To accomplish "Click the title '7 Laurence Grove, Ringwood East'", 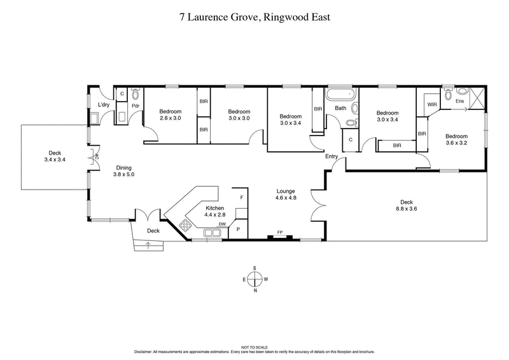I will (x=254, y=17).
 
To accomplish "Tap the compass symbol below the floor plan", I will (x=254, y=279).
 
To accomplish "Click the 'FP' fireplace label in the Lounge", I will (x=279, y=233).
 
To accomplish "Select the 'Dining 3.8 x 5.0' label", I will (x=123, y=170).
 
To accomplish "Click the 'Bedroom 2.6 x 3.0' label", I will (x=170, y=114).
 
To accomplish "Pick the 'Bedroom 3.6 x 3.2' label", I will (x=456, y=140).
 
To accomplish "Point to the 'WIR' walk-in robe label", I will (x=431, y=104).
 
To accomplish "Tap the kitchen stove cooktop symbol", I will (x=185, y=225).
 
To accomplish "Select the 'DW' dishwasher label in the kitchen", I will (x=222, y=224).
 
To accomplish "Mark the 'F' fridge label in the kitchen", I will (x=241, y=198).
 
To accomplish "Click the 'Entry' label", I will (x=331, y=156).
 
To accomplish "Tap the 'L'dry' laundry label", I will (x=104, y=105).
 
